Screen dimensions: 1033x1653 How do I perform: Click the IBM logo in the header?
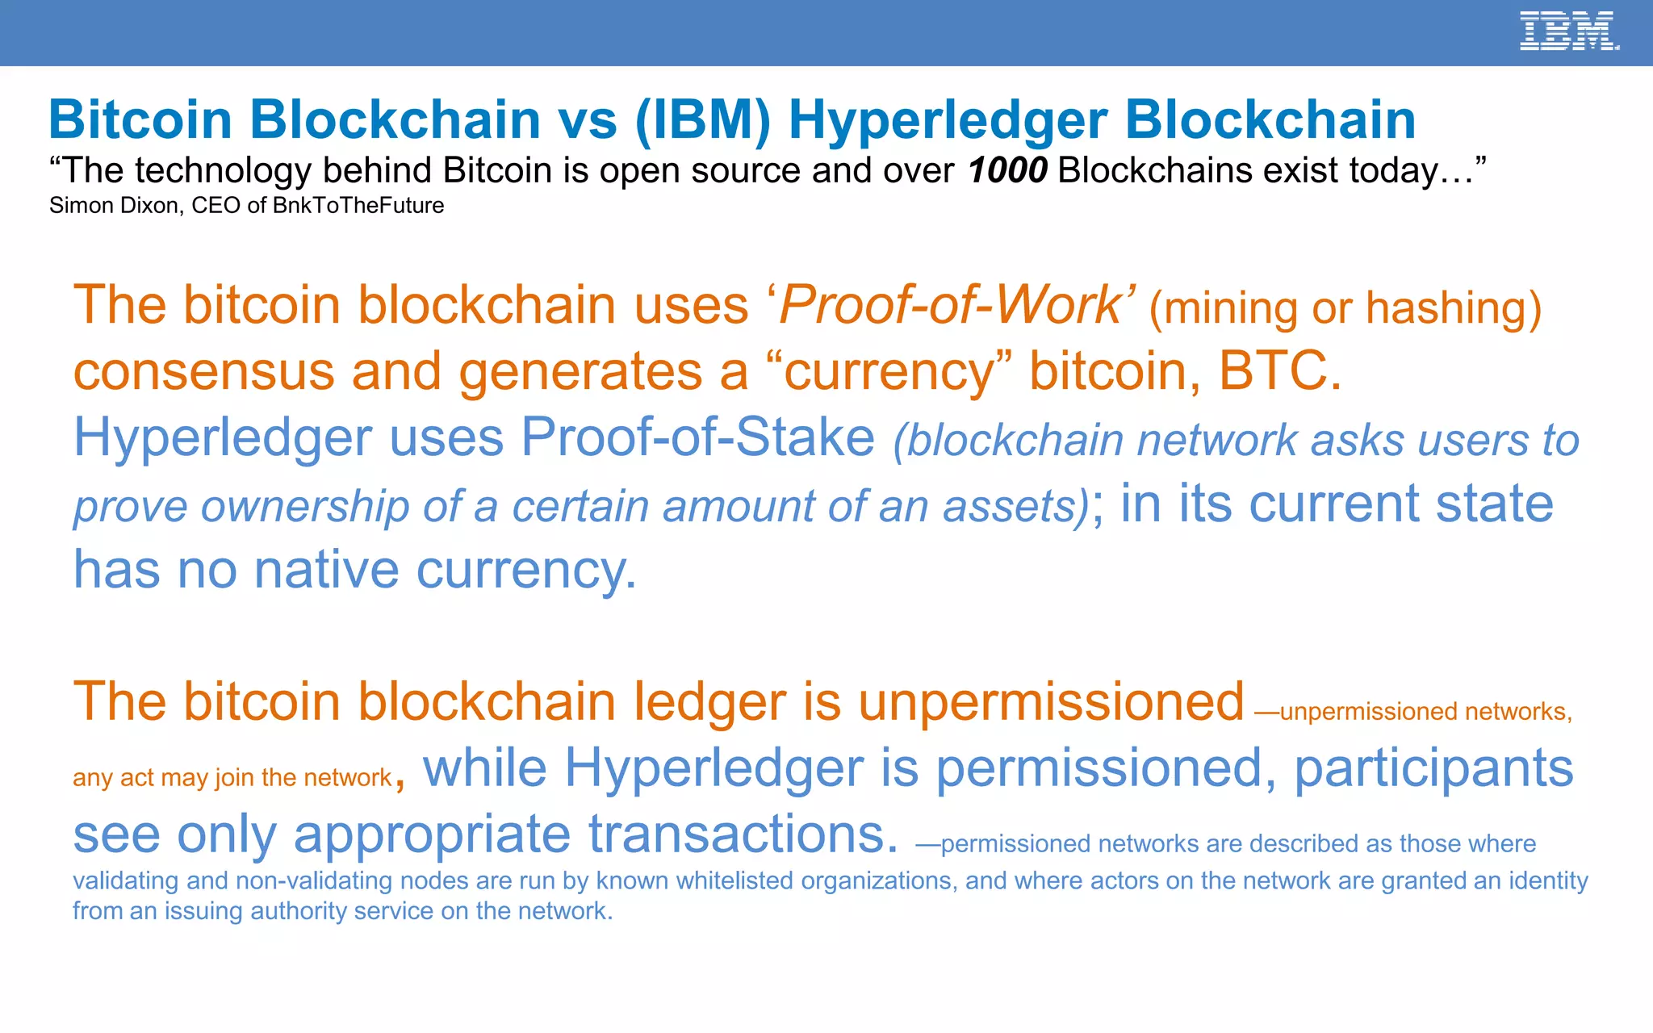[x=1568, y=31]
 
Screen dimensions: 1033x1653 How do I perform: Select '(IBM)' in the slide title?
[x=702, y=119]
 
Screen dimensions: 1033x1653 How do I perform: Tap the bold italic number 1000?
[x=1007, y=170]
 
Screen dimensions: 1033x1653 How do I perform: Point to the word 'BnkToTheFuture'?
[x=358, y=206]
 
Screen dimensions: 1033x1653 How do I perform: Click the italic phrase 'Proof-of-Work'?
[x=951, y=305]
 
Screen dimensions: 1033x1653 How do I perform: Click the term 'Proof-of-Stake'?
[x=697, y=437]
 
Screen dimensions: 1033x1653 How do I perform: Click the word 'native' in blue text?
[x=326, y=570]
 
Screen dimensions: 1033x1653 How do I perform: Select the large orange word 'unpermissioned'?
[x=1051, y=701]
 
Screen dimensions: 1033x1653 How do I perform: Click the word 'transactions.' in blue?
[x=743, y=834]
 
